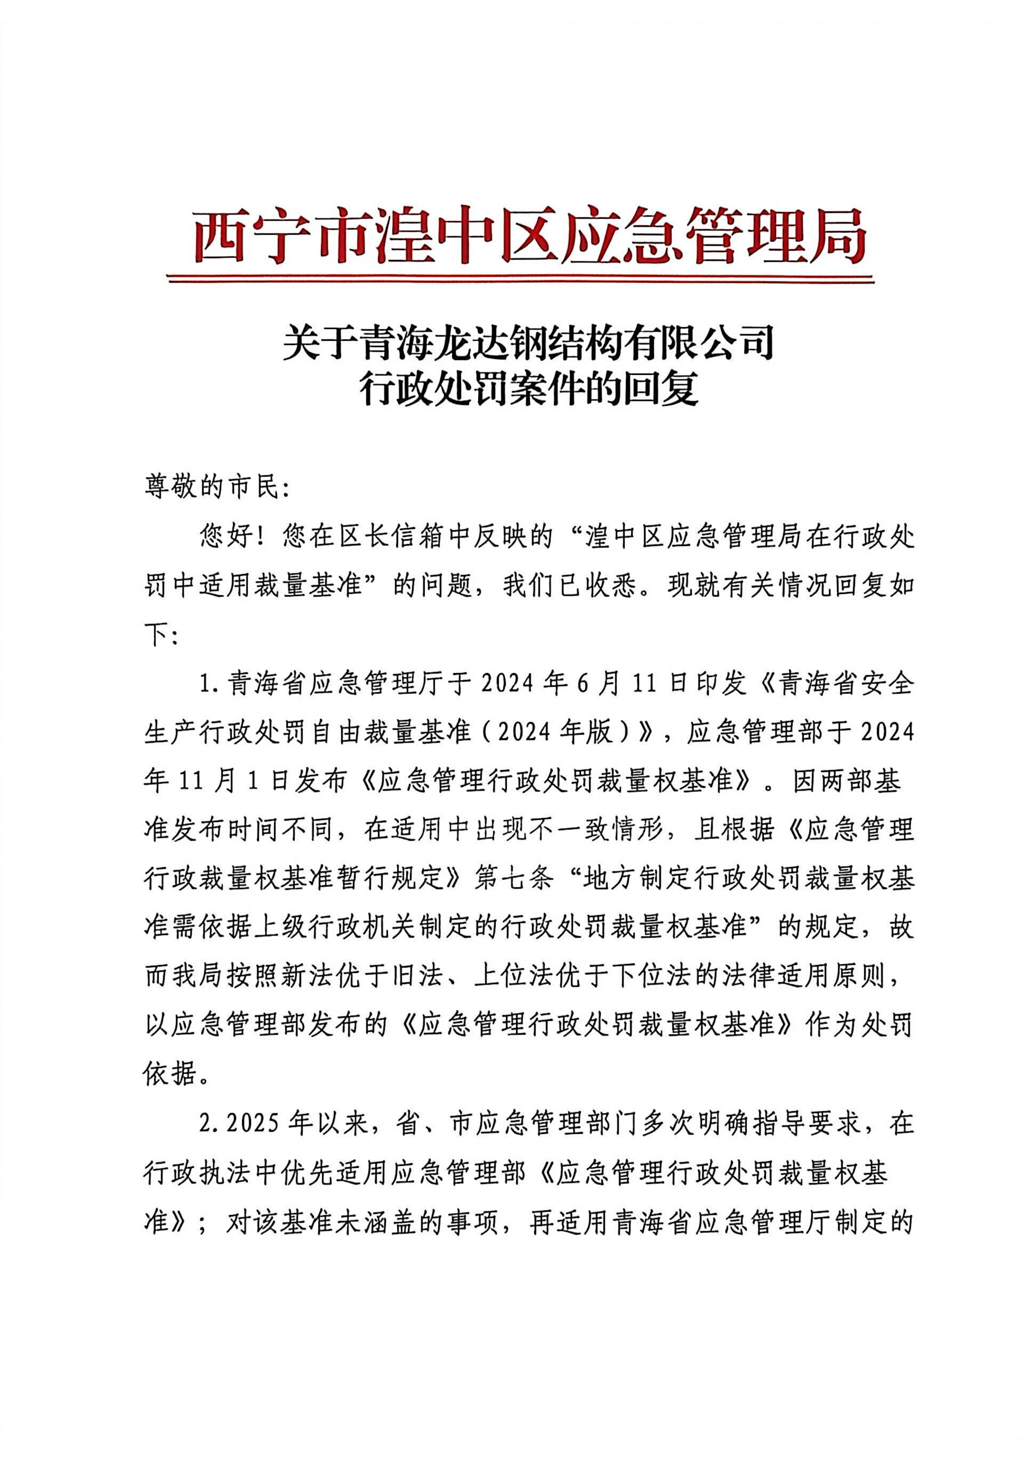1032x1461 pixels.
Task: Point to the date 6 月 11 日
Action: tap(631, 684)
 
